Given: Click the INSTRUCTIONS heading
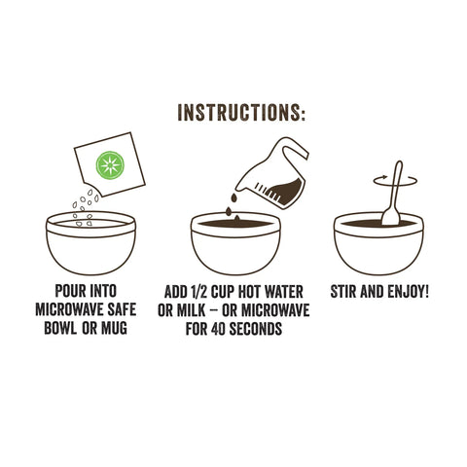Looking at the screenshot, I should [242, 112].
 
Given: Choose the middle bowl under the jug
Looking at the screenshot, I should [234, 245].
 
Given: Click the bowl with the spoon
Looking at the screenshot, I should [378, 245].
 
